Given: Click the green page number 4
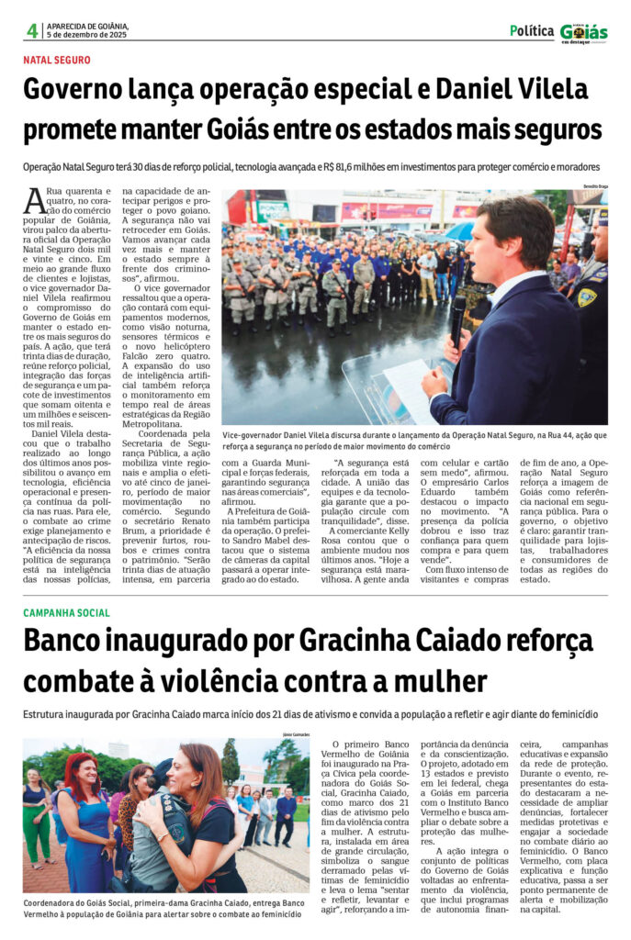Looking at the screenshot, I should click(32, 30).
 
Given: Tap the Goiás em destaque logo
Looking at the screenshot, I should click(584, 32).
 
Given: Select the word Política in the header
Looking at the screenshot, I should click(532, 30).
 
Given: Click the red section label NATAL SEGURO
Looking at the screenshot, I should click(57, 61).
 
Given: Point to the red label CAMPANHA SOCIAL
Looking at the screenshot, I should click(66, 612).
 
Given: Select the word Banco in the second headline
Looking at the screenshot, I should click(63, 641).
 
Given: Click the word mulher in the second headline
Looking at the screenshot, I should click(443, 682).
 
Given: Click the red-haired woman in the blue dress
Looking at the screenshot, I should click(87, 822).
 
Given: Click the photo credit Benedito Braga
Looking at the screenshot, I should click(592, 186).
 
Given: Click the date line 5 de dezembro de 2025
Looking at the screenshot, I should click(87, 36).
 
